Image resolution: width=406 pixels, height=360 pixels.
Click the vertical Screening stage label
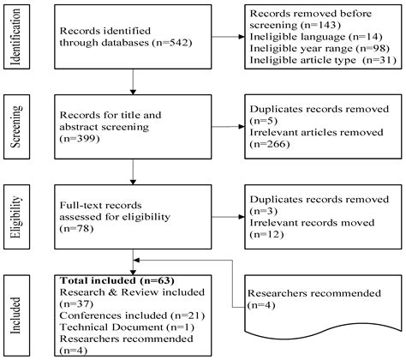[x=15, y=130]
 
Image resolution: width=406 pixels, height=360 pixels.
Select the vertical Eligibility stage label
[x=15, y=214]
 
